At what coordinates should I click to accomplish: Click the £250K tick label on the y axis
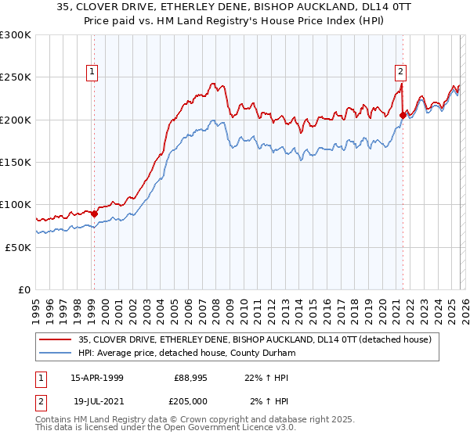coord(16,77)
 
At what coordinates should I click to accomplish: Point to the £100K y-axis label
coord(16,204)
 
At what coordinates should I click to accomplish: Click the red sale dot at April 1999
coord(95,213)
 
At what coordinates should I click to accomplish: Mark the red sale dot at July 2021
coord(402,115)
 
